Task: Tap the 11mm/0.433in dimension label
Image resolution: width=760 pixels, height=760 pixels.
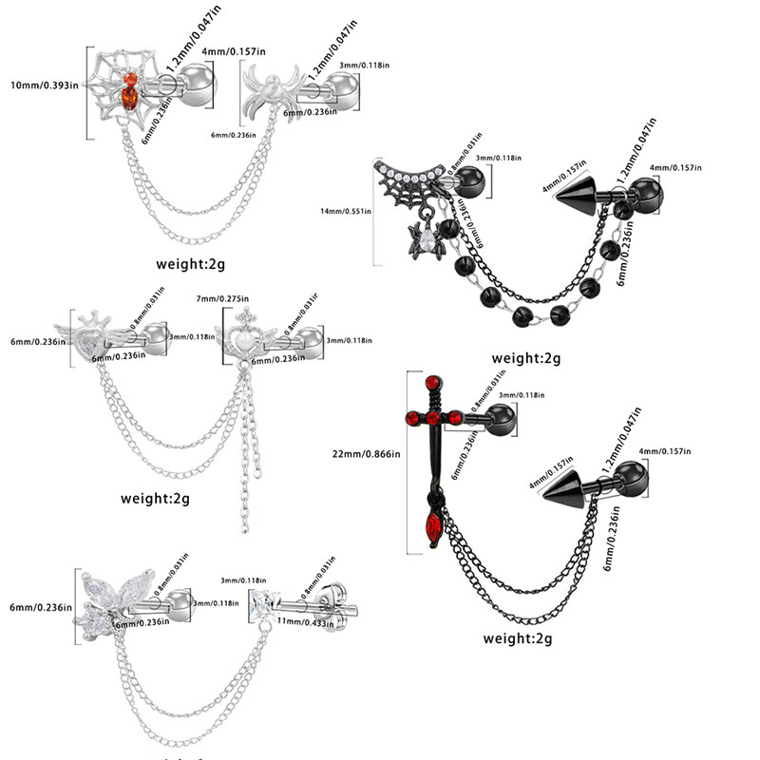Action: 305,623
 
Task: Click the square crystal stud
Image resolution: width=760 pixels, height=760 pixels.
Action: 261,600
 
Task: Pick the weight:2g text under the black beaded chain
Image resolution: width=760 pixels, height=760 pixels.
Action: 526,358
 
